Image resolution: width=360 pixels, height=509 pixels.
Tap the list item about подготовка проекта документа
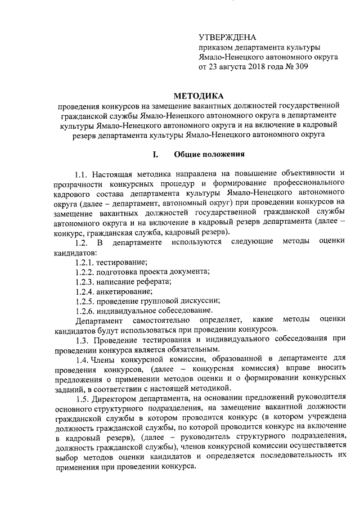[142, 272]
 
